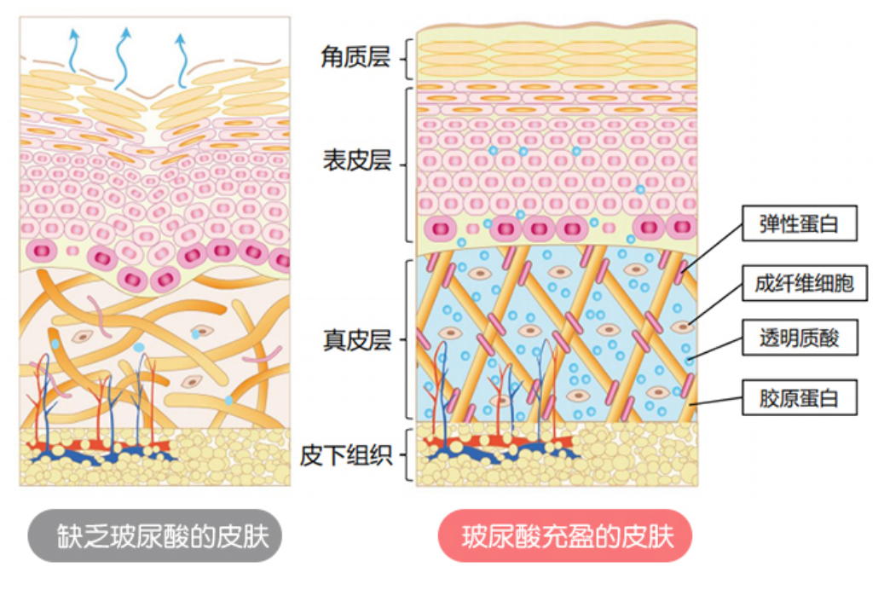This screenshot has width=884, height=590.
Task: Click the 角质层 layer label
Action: (355, 58)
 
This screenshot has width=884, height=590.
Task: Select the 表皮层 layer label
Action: (356, 160)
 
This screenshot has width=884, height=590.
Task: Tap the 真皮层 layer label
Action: (356, 339)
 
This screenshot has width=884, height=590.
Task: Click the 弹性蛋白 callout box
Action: (798, 224)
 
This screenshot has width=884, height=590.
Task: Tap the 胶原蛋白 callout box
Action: (798, 397)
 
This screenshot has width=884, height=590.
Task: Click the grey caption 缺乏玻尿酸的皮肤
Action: (153, 536)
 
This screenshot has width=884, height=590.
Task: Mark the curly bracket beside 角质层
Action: (406, 58)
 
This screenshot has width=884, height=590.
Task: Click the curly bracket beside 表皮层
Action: (406, 162)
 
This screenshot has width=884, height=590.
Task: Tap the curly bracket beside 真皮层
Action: (406, 339)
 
